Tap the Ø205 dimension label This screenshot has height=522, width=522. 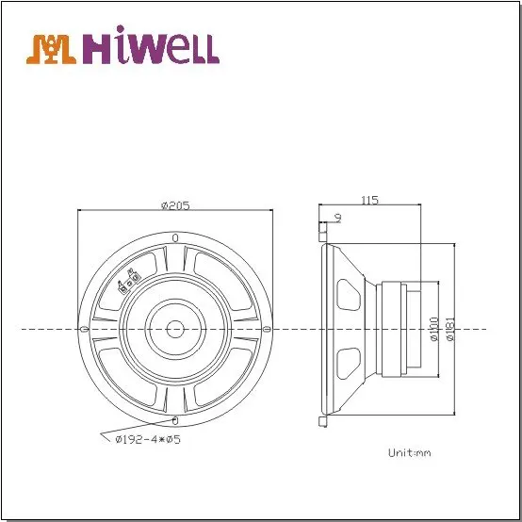pos(175,206)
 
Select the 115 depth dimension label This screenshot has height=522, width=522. pos(369,199)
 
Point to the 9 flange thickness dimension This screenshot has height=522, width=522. pos(337,219)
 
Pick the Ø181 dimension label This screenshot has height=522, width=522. pos(450,330)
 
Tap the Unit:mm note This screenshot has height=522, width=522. pos(409,452)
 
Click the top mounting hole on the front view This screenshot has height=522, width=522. pos(175,237)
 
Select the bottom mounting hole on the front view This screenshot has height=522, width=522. pos(175,418)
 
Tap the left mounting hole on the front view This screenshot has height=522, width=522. pos(86,329)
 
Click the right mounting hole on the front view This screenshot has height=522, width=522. pos(266,329)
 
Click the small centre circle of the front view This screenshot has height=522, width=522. pos(175,328)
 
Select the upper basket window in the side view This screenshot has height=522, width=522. pos(348,295)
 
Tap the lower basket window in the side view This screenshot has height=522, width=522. pos(348,362)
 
